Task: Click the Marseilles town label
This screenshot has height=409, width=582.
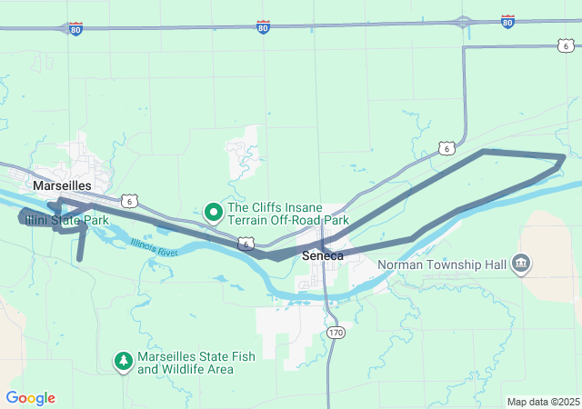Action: (62, 185)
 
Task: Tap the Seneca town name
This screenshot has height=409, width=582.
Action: (323, 256)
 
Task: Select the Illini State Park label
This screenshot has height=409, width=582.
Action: (66, 220)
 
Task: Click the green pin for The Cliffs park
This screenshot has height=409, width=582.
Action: (214, 213)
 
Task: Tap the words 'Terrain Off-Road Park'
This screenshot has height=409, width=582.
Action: (288, 220)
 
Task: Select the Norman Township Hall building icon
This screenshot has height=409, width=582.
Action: (521, 264)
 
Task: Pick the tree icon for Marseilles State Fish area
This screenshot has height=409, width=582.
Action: (123, 362)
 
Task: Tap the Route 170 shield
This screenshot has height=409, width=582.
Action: (336, 333)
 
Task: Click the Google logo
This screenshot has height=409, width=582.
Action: (30, 398)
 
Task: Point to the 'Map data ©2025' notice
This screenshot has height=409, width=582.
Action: (542, 402)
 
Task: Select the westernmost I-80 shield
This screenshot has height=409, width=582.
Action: (75, 29)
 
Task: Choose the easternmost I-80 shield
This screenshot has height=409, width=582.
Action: (507, 20)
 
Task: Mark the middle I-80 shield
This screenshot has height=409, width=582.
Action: (263, 28)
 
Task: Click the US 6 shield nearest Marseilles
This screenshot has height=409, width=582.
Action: (132, 200)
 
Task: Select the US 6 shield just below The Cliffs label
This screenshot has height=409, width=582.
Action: (246, 244)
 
